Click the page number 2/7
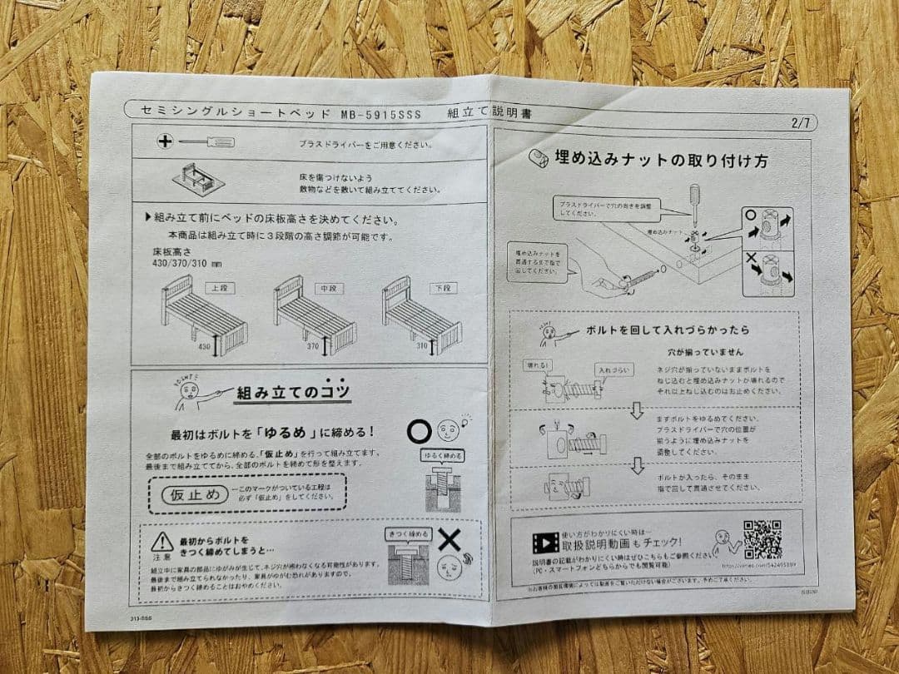click(803, 123)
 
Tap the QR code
click(762, 539)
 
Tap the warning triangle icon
click(162, 542)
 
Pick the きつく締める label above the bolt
click(409, 534)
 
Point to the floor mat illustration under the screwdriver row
click(201, 179)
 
